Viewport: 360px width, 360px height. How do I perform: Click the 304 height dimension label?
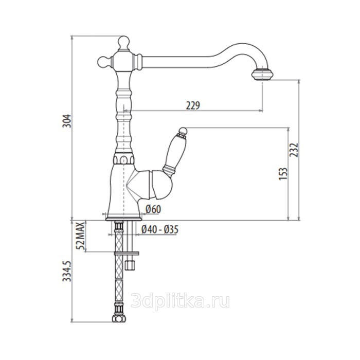click(67, 121)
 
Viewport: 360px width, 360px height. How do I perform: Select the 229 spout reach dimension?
click(193, 105)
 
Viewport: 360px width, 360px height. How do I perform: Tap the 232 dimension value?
click(294, 150)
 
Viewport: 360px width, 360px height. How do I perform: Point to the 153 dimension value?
click(283, 174)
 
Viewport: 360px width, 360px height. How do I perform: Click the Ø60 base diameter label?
click(153, 209)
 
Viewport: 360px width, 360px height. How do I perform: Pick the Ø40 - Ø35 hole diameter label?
click(160, 229)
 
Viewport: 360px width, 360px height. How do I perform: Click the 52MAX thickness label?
click(81, 236)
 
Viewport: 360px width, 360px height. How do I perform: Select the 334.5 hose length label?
click(67, 271)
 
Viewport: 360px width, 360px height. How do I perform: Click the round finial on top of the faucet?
click(123, 43)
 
